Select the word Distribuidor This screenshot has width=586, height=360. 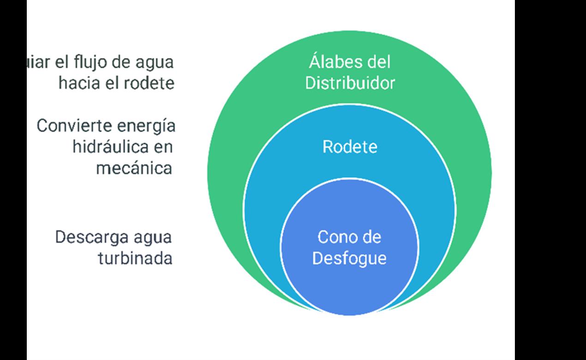point(350,83)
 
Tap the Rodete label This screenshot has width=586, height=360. point(350,147)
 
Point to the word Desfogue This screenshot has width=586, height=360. point(349,258)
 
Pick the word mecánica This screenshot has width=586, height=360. point(134,168)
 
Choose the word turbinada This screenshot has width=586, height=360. point(135,258)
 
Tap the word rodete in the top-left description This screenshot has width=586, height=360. point(149,83)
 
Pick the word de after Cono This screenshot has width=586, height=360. point(371,237)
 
